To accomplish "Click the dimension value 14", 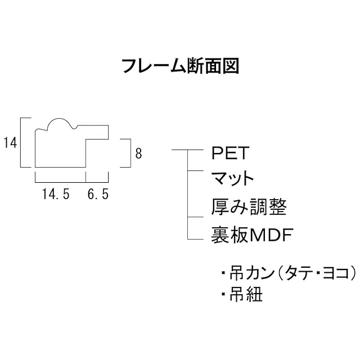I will (9, 143).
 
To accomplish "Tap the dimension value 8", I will (138, 152).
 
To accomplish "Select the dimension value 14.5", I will (56, 195).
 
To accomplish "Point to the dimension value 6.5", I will (98, 195).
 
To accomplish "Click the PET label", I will (229, 153).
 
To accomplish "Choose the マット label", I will (232, 179).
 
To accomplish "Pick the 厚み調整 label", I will (248, 207).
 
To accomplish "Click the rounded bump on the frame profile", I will (58, 124).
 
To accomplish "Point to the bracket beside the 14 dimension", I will (21, 143).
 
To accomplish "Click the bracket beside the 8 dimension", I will (130, 152).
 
